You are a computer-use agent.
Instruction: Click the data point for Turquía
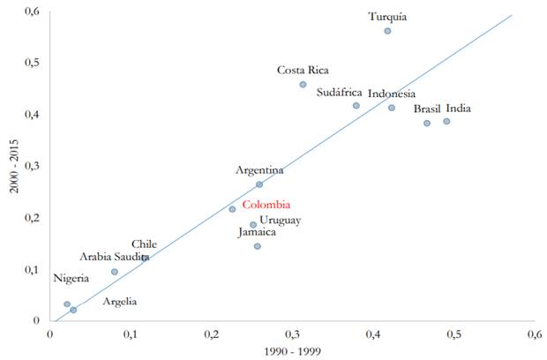pos(387,31)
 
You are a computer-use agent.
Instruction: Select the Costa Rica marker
pos(303,85)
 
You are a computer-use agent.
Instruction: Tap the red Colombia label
pos(266,205)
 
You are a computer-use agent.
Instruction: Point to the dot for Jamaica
pos(258,246)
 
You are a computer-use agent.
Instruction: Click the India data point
pos(446,121)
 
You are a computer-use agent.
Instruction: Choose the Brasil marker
pos(427,123)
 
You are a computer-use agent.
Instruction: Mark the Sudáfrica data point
pos(356,106)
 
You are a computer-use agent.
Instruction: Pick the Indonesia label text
pos(392,94)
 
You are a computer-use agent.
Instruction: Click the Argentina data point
pos(259,184)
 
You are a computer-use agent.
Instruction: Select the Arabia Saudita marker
pos(115,272)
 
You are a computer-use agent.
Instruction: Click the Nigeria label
pos(71,279)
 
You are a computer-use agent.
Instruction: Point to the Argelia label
pos(119,302)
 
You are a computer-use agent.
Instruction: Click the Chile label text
pos(145,244)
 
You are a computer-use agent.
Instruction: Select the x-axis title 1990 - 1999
pos(292,352)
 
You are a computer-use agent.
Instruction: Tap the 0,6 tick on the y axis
pos(33,11)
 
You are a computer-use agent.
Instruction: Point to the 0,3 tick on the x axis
pos(292,334)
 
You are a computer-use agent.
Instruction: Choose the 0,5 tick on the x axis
pos(453,334)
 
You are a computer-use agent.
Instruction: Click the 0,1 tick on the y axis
pos(33,269)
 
